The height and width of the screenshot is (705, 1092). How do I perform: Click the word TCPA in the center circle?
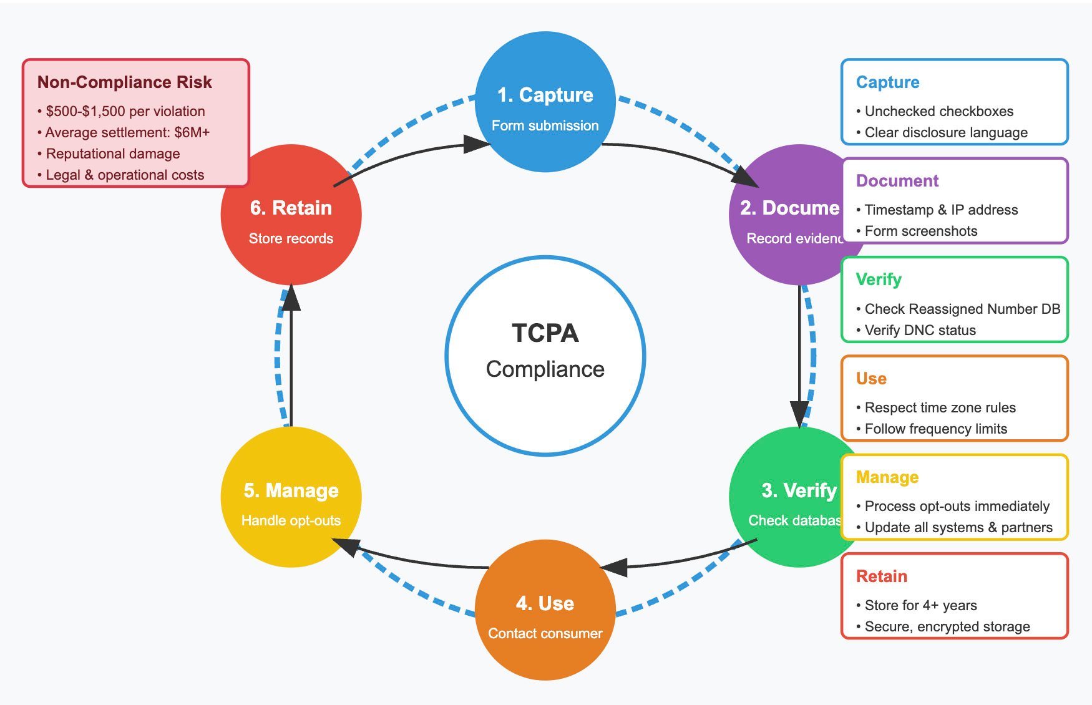click(x=545, y=333)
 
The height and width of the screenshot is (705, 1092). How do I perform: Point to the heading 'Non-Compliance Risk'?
click(x=125, y=82)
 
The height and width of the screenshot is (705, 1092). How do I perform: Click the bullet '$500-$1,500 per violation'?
click(x=125, y=111)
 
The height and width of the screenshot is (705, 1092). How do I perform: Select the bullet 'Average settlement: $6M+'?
click(x=127, y=132)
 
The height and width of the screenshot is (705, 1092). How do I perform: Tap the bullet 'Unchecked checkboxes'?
click(x=938, y=111)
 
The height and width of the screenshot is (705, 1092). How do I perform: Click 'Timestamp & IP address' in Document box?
click(x=941, y=210)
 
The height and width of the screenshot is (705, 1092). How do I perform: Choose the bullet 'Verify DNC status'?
click(x=920, y=330)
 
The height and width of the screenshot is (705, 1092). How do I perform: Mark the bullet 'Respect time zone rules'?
click(x=940, y=407)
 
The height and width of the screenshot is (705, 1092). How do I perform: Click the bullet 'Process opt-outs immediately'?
click(x=957, y=506)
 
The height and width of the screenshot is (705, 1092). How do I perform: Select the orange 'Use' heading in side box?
click(x=871, y=379)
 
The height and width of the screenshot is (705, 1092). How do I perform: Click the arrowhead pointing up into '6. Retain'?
click(x=291, y=298)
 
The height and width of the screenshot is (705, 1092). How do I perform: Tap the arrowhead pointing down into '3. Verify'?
click(x=799, y=414)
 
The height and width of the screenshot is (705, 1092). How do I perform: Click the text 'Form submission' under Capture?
click(x=545, y=125)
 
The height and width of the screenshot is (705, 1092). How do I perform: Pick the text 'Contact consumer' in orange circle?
click(x=545, y=633)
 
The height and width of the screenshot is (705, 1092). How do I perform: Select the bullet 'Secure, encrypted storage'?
click(x=947, y=626)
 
